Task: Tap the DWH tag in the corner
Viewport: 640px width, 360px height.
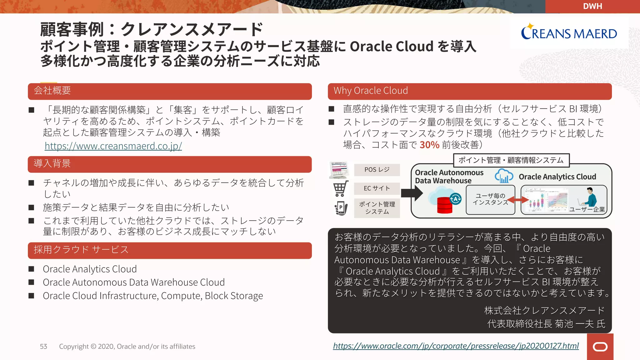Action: click(592, 6)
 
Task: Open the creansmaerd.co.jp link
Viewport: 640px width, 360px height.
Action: click(113, 146)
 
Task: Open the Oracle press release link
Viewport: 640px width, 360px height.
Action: click(456, 346)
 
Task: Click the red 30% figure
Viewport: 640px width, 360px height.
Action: click(429, 145)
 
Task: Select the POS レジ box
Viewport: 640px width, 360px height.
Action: click(377, 170)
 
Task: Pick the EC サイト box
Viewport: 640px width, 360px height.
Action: click(377, 188)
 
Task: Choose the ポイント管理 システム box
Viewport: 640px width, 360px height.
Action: click(377, 208)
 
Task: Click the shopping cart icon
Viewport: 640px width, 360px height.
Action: click(340, 189)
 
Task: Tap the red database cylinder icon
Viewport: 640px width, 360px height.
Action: click(444, 205)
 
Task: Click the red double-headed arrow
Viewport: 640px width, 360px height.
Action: click(518, 200)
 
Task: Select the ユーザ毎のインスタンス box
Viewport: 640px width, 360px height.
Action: click(490, 199)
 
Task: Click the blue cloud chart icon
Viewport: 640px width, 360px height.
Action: click(504, 177)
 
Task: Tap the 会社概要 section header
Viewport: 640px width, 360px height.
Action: click(170, 91)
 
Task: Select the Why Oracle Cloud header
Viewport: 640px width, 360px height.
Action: click(469, 91)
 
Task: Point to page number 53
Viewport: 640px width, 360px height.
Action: click(43, 347)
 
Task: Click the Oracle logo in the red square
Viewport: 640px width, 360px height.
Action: click(600, 347)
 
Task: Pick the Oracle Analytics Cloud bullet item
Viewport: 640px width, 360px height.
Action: click(90, 269)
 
